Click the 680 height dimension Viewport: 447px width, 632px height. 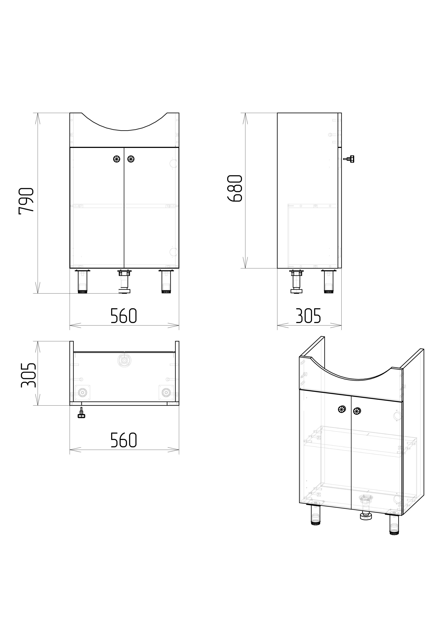coord(235,189)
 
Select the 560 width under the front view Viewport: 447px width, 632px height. coord(124,316)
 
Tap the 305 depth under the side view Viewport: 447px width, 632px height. coord(308,316)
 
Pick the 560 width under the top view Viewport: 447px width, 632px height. coord(124,440)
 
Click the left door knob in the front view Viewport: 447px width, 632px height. coord(117,159)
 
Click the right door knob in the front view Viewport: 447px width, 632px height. coord(131,159)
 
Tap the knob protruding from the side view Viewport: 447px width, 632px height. coord(349,159)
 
